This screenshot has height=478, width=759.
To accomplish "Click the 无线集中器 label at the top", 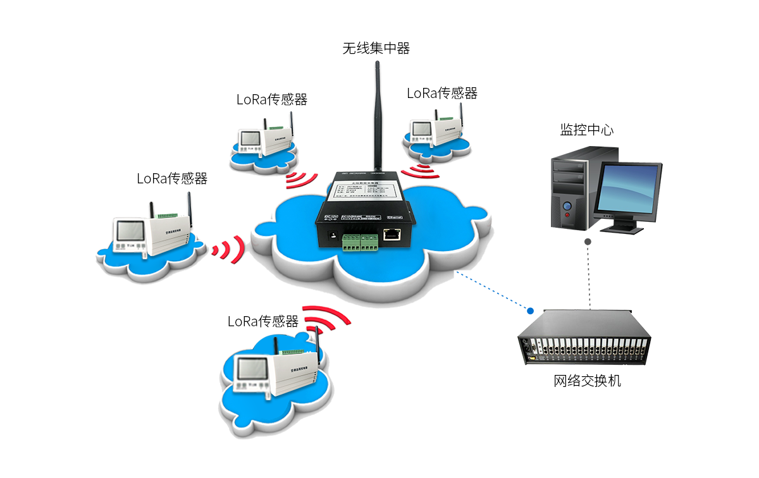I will coord(376,49).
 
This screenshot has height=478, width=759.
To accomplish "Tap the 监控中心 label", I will coord(586,130).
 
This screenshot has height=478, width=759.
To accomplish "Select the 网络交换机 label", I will coord(587,381).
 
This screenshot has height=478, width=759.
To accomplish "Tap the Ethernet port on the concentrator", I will coord(393,235).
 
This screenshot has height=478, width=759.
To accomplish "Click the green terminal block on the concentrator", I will coord(360,241).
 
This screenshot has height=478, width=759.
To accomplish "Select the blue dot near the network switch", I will coord(530,311).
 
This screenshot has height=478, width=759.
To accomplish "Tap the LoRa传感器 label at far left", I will coord(172,178).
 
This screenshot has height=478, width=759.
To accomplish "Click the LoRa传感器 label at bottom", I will coord(262,321).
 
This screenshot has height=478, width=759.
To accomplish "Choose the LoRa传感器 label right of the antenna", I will coord(441,93).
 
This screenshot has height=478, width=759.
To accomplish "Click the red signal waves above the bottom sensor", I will coord(326,319).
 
